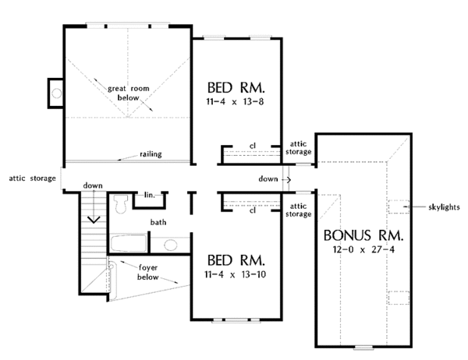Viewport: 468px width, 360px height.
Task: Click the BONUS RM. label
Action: point(363,235)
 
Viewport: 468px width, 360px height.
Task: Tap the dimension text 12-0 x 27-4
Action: point(363,249)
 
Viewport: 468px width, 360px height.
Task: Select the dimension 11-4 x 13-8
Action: point(235,102)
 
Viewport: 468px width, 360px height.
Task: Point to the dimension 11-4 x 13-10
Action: point(236,274)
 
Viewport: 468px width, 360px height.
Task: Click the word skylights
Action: point(444,207)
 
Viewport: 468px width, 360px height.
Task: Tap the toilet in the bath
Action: point(121,203)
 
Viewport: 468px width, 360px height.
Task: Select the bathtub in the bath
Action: point(129,243)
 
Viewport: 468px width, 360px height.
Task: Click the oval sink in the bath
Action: point(170,245)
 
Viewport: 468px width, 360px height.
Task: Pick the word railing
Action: point(151,154)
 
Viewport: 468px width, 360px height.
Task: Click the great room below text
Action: point(129,93)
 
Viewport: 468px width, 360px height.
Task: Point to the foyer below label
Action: point(147,272)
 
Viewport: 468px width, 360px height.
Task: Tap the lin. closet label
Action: point(150,195)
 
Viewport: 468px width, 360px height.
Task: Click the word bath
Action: point(158,222)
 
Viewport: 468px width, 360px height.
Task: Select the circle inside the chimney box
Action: point(56,94)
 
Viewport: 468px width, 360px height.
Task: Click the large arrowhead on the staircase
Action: point(94,220)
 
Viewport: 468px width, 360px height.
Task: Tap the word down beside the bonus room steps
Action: point(268,179)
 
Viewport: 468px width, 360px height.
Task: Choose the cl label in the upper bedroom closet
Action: point(253,146)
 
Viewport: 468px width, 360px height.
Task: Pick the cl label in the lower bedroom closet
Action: point(253,210)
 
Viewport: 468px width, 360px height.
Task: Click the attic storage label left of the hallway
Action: point(32,178)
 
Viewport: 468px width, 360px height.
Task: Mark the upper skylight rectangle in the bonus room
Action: point(398,206)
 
